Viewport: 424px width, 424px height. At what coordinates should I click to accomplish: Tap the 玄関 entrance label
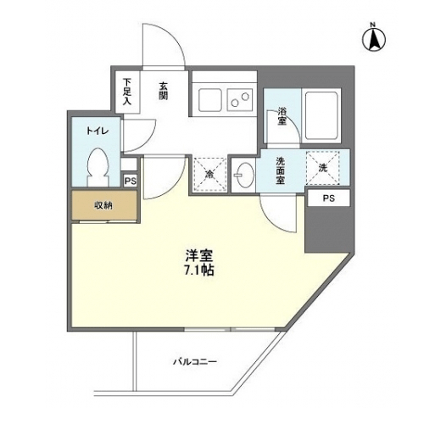click(163, 91)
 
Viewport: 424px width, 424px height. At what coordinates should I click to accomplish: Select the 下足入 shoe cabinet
click(127, 92)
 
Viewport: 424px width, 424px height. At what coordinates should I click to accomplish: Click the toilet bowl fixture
click(98, 167)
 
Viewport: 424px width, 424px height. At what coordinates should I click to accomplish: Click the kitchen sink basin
click(209, 100)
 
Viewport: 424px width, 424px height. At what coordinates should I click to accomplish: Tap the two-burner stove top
click(240, 100)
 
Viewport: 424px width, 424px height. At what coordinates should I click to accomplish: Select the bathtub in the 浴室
click(321, 115)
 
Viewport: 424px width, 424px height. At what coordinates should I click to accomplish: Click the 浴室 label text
click(282, 116)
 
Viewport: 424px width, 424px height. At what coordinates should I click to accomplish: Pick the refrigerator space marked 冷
click(209, 175)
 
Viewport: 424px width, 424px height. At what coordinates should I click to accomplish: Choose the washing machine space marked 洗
click(322, 168)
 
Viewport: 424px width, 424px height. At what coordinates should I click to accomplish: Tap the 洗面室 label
click(281, 170)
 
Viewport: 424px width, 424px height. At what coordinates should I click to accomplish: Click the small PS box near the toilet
click(131, 181)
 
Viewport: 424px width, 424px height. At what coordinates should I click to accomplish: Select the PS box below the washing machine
click(329, 198)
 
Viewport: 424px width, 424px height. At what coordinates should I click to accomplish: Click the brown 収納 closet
click(104, 205)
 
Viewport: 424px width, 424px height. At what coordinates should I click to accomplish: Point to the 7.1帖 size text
click(198, 271)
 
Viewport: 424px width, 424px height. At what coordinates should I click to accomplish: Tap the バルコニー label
click(195, 361)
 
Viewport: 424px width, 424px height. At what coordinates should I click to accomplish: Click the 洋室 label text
click(199, 256)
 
